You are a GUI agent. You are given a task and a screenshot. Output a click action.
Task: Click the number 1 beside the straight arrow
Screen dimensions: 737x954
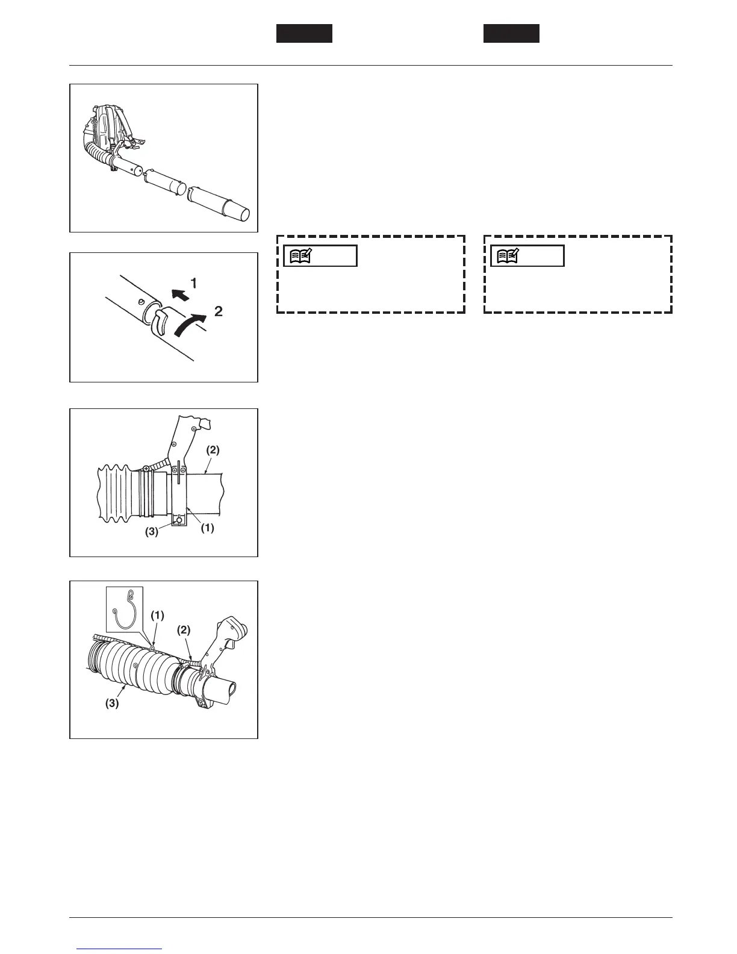point(194,282)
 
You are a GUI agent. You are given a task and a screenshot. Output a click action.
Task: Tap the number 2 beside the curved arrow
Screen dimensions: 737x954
point(219,311)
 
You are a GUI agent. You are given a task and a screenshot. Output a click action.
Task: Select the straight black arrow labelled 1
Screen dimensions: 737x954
point(178,294)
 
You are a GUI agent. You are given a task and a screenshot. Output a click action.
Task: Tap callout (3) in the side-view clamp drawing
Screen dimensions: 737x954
point(151,532)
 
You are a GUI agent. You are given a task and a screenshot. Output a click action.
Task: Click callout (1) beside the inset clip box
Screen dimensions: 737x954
point(157,616)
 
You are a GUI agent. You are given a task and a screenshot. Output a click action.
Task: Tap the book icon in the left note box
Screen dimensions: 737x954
point(300,256)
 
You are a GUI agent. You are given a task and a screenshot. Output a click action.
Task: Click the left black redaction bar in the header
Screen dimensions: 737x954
point(304,34)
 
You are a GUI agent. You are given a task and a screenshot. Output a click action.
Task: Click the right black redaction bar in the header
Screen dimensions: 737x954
point(511,34)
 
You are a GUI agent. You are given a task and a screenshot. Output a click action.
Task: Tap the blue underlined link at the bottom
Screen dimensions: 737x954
point(120,949)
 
